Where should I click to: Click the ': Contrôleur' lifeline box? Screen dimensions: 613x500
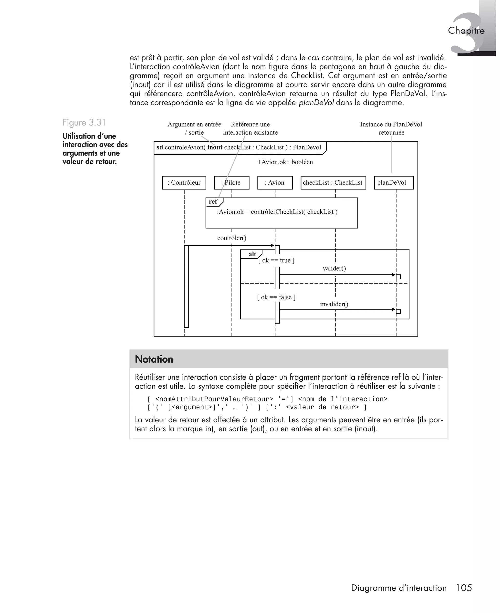[x=184, y=183]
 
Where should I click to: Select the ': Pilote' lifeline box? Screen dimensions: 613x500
[x=231, y=183]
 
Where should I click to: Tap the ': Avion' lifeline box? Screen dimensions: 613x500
[x=275, y=183]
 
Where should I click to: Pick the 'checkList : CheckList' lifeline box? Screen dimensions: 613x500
[x=333, y=183]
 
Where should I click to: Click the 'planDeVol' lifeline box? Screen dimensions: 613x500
[x=394, y=183]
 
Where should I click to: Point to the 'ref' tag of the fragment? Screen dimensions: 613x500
[x=213, y=202]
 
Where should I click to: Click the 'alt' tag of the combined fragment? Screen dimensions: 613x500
[x=252, y=254]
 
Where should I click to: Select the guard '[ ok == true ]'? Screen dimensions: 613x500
[x=276, y=260]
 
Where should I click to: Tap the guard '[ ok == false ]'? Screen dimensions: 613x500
[x=276, y=297]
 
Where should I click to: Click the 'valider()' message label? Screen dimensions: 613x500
[x=334, y=268]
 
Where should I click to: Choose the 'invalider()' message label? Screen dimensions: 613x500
[x=334, y=304]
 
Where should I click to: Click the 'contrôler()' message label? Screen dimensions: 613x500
[x=231, y=238]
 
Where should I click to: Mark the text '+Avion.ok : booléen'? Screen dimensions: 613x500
[x=285, y=162]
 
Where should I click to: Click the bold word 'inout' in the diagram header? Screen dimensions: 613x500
[x=215, y=148]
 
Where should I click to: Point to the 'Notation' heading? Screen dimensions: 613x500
[x=154, y=359]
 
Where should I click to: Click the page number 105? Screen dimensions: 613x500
[x=464, y=588]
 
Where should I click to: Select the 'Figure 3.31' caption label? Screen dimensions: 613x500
[x=84, y=123]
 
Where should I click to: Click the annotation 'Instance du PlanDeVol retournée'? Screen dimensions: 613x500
[x=391, y=128]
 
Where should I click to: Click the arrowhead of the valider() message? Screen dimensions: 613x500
[x=394, y=275]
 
